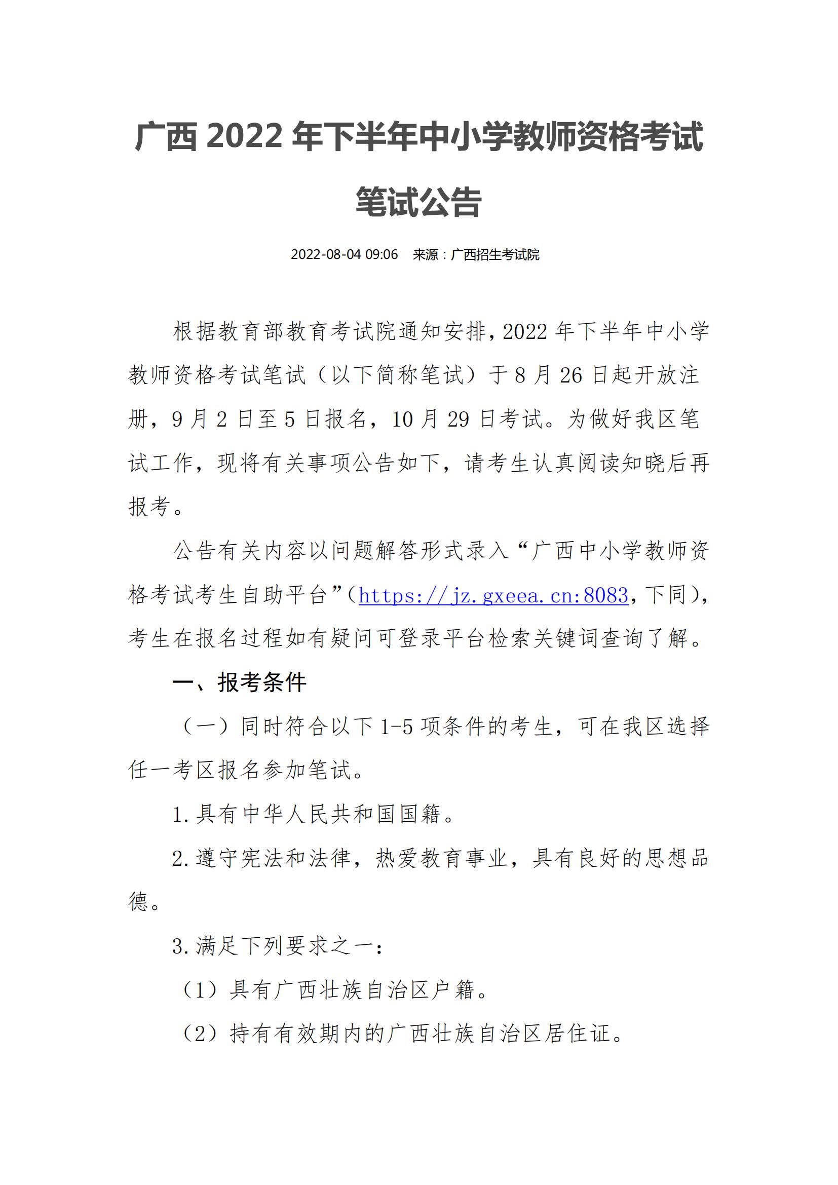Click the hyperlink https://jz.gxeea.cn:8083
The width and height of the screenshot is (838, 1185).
click(493, 596)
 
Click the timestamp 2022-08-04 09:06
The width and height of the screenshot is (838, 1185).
click(344, 254)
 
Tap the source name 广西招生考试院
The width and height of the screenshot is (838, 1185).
click(495, 254)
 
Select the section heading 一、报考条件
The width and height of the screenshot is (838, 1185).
click(240, 683)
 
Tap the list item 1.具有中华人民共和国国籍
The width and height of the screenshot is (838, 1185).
click(314, 815)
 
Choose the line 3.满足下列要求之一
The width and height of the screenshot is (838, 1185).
click(277, 946)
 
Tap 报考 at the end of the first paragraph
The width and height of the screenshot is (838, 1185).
click(150, 507)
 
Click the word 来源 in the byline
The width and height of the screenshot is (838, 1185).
click(425, 254)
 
